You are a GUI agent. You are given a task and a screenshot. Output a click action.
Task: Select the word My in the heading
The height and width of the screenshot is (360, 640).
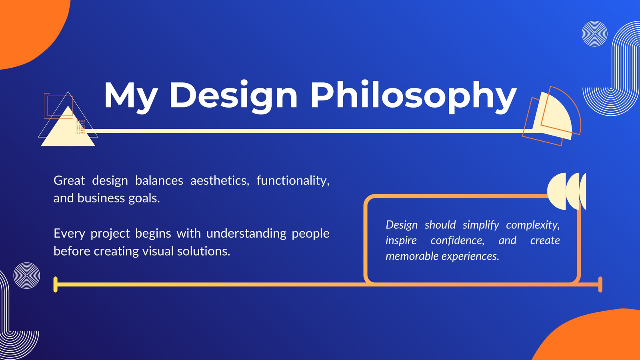point(130,97)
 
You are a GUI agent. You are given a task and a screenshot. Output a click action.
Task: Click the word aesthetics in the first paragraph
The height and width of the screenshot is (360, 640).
point(220,180)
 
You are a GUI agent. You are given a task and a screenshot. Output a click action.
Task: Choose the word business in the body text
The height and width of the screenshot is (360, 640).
point(101,198)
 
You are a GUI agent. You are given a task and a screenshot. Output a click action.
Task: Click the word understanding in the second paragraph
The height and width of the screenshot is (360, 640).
point(246,234)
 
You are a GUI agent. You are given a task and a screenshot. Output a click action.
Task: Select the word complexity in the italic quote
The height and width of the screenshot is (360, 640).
point(532,225)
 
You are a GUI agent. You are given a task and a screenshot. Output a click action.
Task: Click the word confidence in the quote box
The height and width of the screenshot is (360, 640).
point(458,240)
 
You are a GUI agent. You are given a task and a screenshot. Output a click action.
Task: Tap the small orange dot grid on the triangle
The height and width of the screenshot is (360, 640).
point(81,127)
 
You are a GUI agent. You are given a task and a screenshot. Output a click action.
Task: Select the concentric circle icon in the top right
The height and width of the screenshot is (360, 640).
point(594,34)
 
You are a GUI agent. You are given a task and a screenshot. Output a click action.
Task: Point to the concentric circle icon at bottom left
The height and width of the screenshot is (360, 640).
point(26,276)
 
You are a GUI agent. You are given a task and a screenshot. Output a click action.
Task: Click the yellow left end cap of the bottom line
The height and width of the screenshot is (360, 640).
point(56,284)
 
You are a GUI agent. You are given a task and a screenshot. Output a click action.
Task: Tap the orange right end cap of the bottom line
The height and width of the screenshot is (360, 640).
point(600,284)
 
